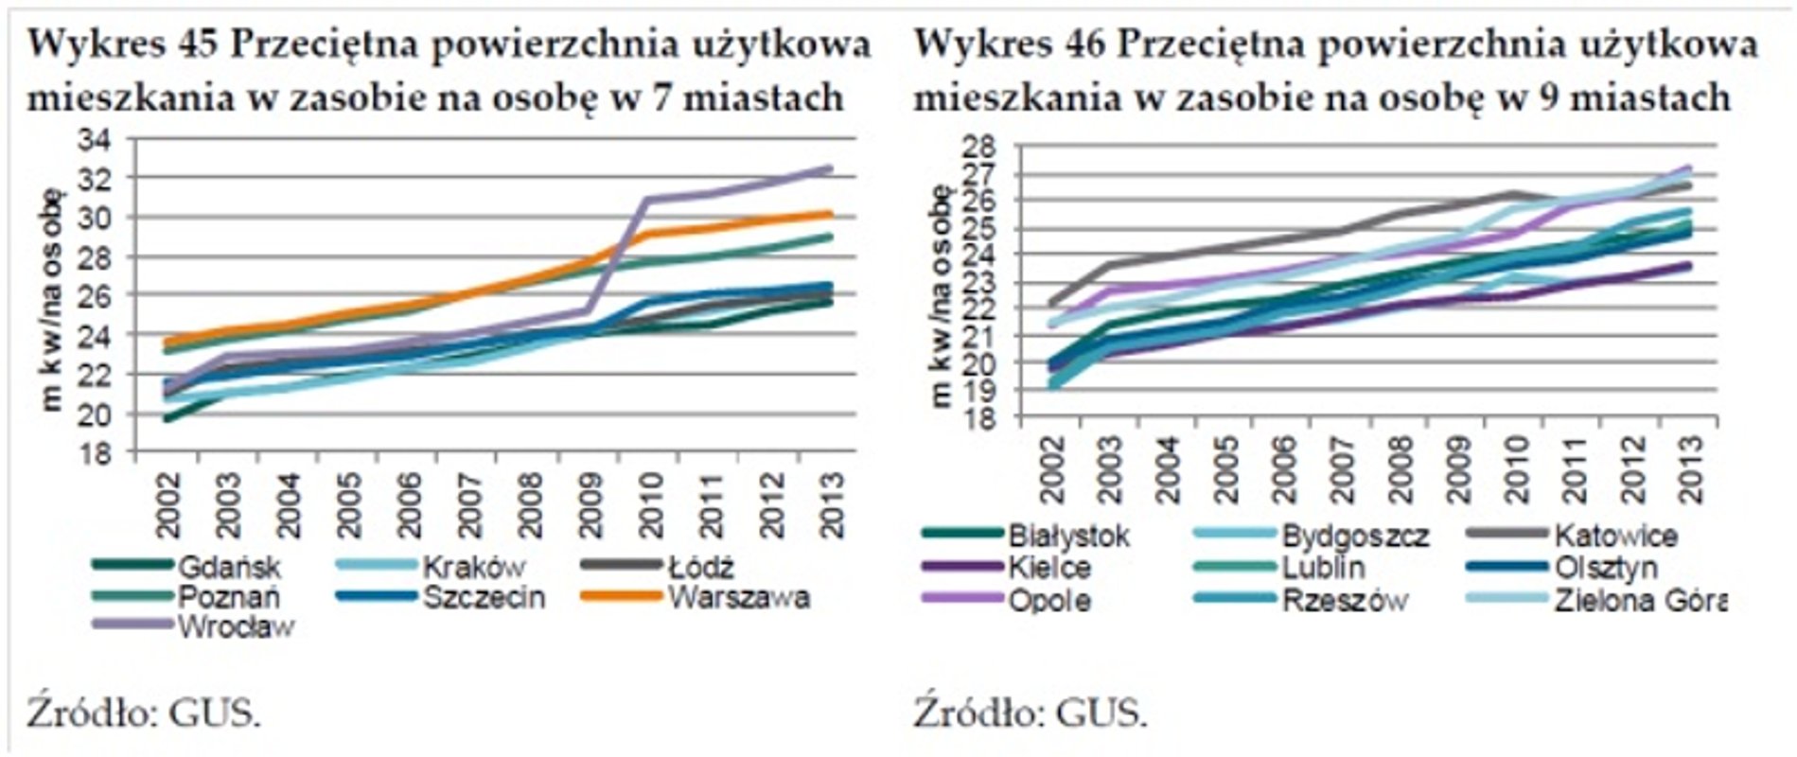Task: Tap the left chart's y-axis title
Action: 53,298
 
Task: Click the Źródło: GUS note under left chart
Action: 143,712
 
